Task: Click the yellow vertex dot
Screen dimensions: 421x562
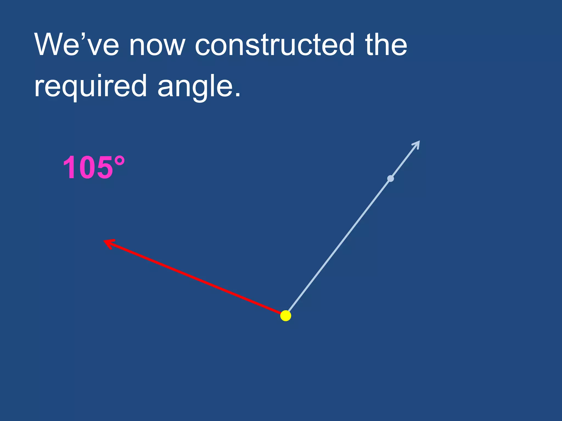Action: coord(286,316)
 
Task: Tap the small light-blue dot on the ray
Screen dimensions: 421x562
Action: coord(390,179)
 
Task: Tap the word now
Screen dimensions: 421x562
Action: coord(157,45)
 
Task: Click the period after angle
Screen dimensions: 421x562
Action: coord(238,95)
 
